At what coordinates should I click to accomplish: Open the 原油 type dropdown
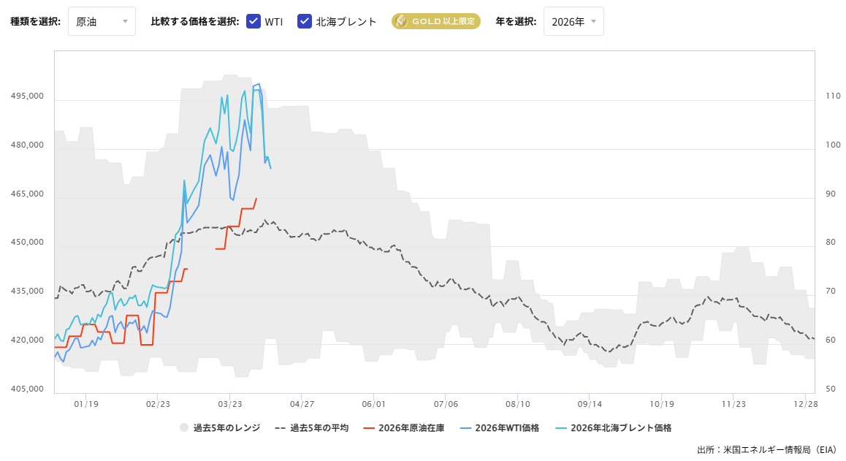(102, 21)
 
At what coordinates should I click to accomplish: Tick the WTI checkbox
(254, 21)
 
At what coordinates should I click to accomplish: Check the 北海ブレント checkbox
(305, 21)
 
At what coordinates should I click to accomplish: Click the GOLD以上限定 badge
(435, 21)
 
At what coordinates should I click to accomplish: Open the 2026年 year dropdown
(573, 21)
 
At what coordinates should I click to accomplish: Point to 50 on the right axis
(830, 389)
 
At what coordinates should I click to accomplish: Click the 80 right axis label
(830, 243)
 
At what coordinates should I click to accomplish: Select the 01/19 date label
(86, 403)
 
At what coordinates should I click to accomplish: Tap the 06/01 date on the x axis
(373, 403)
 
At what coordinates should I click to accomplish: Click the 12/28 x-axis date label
(805, 403)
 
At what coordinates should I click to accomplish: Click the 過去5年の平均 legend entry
(312, 428)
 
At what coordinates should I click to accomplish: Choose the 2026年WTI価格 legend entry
(499, 428)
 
